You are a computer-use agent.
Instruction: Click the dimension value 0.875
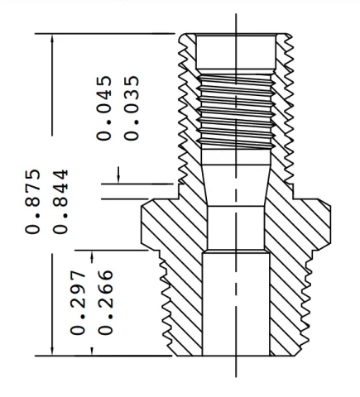click(x=33, y=202)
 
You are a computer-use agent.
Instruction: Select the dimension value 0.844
click(x=60, y=202)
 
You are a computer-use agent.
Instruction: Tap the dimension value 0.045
click(x=104, y=108)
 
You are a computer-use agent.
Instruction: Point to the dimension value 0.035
click(x=132, y=108)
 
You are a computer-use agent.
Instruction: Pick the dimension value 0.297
click(x=78, y=303)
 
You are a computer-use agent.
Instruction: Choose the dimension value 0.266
click(x=105, y=303)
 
